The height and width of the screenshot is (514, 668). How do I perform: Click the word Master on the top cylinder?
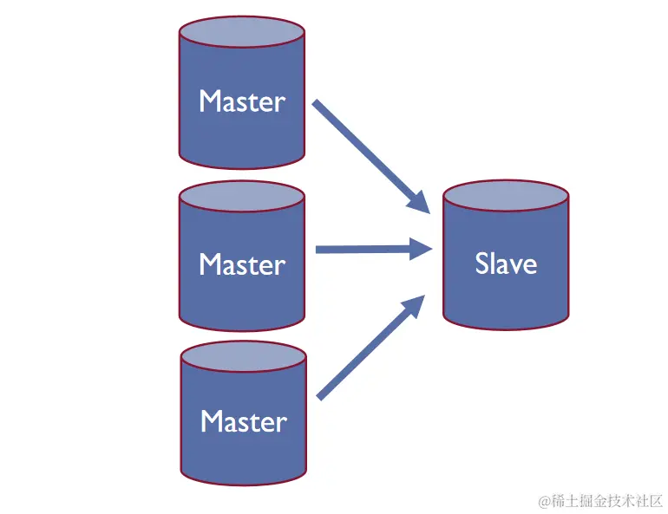coord(241,101)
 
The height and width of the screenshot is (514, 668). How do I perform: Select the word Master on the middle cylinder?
coord(241,264)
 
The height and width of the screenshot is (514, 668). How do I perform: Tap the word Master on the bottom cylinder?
coord(243,422)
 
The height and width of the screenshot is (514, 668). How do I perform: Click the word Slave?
coord(506,263)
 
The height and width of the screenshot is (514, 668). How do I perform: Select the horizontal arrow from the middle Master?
coord(369,250)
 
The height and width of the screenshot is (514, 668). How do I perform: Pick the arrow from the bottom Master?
coord(369,348)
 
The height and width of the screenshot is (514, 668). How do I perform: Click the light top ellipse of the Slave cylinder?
coord(506,198)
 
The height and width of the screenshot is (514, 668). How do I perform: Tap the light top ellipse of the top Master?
coord(241,34)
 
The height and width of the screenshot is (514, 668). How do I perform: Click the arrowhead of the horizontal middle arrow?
coord(422,250)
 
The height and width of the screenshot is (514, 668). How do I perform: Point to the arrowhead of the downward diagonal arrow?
coord(419,202)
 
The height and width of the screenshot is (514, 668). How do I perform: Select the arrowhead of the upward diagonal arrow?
coord(414,305)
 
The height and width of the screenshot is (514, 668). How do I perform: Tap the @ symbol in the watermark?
coord(544,501)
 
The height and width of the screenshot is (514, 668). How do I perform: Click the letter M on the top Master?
coord(209,101)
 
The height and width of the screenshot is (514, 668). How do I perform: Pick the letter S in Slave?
coord(482,263)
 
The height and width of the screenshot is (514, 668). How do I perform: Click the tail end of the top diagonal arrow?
coord(317,104)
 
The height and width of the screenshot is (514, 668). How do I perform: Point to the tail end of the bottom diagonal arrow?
coord(320,397)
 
